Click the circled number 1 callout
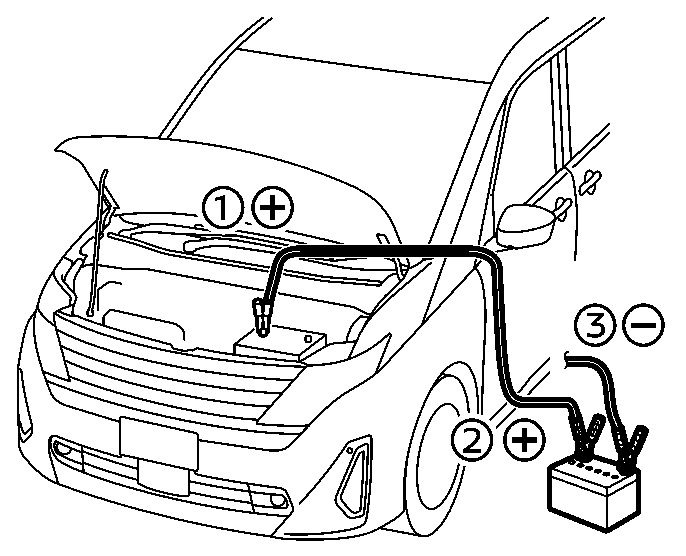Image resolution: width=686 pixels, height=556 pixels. [x=223, y=208]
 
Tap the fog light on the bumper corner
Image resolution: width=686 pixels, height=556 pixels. [x=353, y=477]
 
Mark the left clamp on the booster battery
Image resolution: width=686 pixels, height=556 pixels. [x=585, y=435]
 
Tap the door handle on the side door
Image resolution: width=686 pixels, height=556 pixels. [x=588, y=180]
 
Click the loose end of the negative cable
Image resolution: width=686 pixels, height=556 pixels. [x=569, y=356]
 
